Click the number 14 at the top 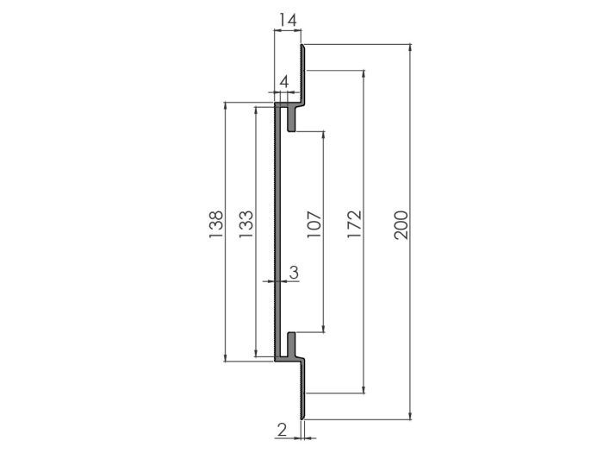click(x=288, y=17)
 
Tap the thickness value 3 click(x=294, y=272)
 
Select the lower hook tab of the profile click(x=293, y=343)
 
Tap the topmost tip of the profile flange click(x=302, y=47)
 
